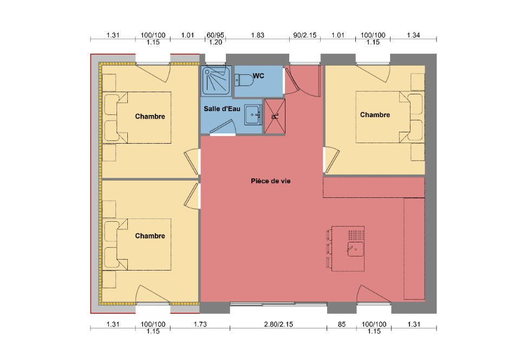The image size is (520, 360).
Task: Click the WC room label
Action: [x=258, y=76]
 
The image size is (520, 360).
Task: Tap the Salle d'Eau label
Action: [x=222, y=109]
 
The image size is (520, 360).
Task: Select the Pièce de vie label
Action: [x=271, y=181]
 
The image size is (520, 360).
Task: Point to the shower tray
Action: [x=217, y=81]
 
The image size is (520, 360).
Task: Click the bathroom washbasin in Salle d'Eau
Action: [x=253, y=115]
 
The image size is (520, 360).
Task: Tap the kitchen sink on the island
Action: [x=355, y=249]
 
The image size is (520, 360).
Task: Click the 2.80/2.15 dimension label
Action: [x=278, y=324]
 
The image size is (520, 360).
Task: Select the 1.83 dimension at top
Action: [x=258, y=35]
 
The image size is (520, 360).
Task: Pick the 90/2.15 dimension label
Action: [x=305, y=35]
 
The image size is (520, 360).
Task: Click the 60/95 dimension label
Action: [x=215, y=35]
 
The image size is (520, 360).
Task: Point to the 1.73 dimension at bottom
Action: [x=200, y=324]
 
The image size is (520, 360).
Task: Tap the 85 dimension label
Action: [x=342, y=324]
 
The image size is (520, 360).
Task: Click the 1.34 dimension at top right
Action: [x=413, y=35]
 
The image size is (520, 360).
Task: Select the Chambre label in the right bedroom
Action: [x=375, y=115]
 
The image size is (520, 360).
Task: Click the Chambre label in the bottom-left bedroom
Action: [x=150, y=236]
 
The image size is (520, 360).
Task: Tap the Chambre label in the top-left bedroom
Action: [x=150, y=117]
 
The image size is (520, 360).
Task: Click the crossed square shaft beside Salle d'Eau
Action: [x=275, y=116]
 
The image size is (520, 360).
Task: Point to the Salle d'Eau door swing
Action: [x=223, y=127]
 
